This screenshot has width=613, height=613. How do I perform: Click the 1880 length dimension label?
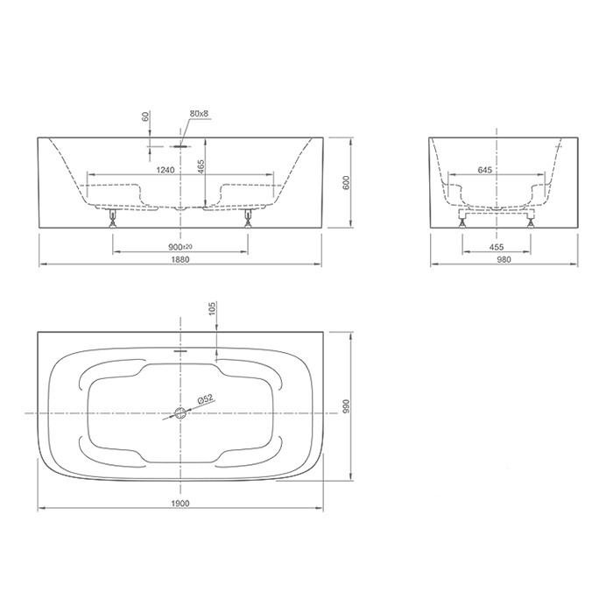point(180,259)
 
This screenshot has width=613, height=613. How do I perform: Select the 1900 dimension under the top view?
point(180,504)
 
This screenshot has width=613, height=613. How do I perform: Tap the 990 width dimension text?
point(346,406)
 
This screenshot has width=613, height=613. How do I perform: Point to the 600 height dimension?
point(346,182)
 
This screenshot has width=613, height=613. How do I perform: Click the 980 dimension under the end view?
point(504,259)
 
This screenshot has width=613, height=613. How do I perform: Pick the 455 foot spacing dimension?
point(497,247)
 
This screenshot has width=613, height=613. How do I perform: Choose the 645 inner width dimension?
point(485,170)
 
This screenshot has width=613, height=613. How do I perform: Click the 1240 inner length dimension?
point(166,170)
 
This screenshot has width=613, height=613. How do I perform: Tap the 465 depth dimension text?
point(201,167)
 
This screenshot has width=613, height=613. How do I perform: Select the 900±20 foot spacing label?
point(180,247)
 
